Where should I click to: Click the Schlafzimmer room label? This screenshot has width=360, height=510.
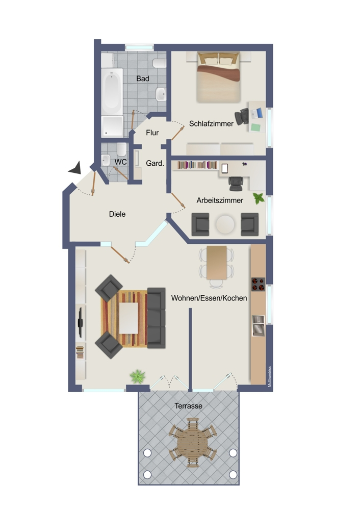[x=211, y=123]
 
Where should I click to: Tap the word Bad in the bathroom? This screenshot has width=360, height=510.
[x=143, y=79]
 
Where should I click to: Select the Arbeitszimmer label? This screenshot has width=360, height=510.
[x=220, y=200]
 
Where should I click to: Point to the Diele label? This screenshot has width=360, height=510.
[x=117, y=214]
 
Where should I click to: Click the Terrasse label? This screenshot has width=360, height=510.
[x=188, y=406]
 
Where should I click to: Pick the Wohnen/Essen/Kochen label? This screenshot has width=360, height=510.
[x=209, y=298]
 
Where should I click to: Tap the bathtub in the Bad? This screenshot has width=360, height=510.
[x=112, y=92]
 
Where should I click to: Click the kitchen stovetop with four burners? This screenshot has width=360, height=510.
[x=258, y=284]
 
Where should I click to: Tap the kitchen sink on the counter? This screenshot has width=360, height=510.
[x=258, y=325]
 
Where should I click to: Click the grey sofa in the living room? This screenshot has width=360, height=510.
[x=156, y=317]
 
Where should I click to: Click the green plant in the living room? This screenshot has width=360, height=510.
[x=137, y=377]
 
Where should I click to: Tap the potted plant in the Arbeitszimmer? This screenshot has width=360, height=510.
[x=259, y=198]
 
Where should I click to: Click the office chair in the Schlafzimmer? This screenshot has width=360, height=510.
[x=243, y=116]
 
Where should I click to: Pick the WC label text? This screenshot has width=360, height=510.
[x=120, y=162]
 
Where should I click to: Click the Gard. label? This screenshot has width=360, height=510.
[x=155, y=164]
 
